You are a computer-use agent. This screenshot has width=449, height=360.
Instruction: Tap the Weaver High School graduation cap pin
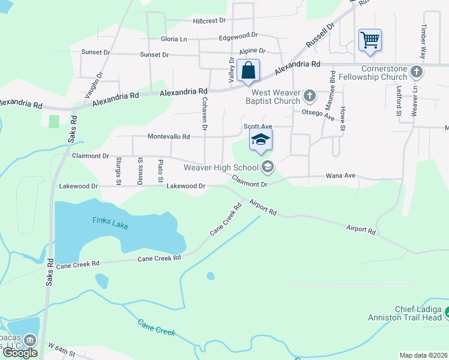pos(261,140)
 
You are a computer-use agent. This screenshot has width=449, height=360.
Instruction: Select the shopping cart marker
pos(370,40)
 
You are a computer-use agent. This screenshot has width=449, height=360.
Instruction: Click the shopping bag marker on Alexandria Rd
pos(248,71)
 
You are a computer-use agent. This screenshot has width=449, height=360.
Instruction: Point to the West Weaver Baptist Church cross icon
pos(309,95)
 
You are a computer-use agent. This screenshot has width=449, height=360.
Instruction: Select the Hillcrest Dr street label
pos(209,20)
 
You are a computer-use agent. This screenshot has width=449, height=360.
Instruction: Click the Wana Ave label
pos(340,176)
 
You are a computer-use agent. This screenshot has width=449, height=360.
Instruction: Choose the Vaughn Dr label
pos(94,85)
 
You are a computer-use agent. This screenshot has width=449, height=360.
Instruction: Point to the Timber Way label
pos(423,42)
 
